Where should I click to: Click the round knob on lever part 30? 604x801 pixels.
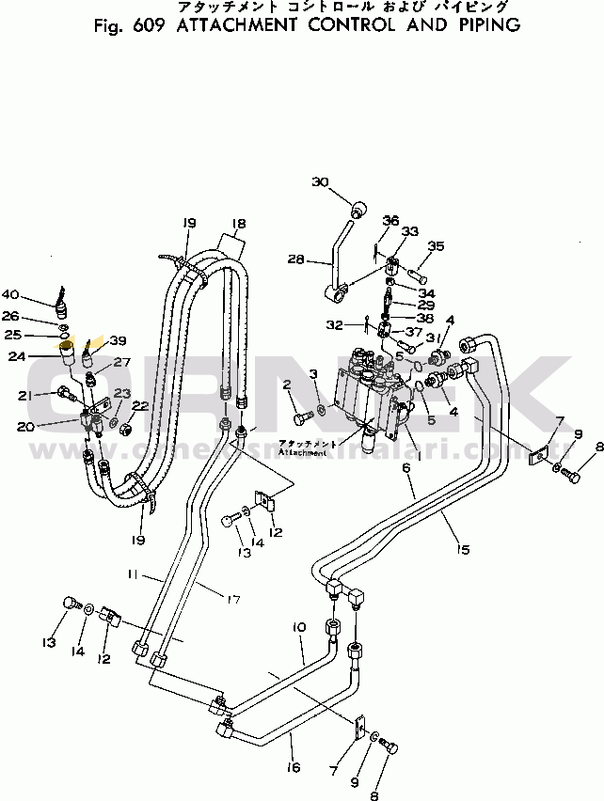pyautogui.click(x=358, y=208)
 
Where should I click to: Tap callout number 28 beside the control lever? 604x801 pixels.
pyautogui.click(x=296, y=259)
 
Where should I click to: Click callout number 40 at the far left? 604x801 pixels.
pyautogui.click(x=36, y=293)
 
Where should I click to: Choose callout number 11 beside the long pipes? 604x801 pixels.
pyautogui.click(x=134, y=573)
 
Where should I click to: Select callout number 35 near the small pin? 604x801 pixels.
pyautogui.click(x=436, y=246)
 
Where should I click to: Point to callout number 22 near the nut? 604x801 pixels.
pyautogui.click(x=139, y=406)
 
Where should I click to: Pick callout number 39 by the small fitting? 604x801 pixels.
pyautogui.click(x=117, y=340)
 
